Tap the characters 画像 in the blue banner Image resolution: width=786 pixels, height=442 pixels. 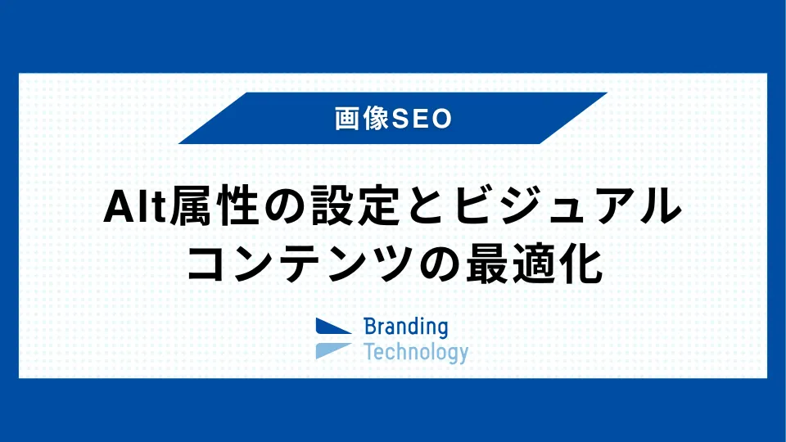(364, 119)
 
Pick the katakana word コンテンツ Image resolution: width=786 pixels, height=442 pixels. (317, 264)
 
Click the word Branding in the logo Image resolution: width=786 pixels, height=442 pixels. (406, 327)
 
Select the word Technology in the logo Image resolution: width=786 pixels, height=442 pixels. (416, 353)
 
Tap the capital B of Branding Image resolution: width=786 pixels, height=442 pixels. (369, 327)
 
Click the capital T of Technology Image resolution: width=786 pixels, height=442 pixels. (368, 352)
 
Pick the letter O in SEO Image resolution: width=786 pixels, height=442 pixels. (443, 119)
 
